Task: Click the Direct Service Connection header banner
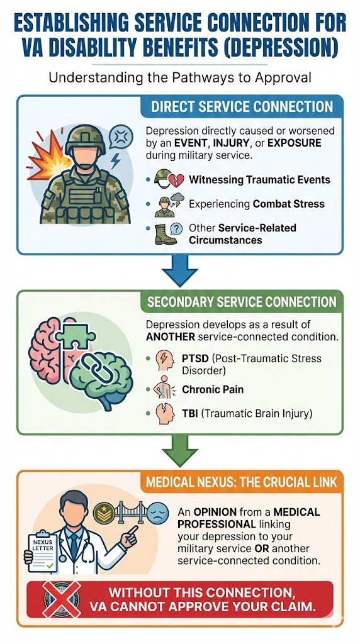click(x=242, y=107)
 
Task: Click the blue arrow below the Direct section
click(x=179, y=272)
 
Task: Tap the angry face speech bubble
click(x=118, y=135)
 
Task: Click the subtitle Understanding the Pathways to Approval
click(x=179, y=79)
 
